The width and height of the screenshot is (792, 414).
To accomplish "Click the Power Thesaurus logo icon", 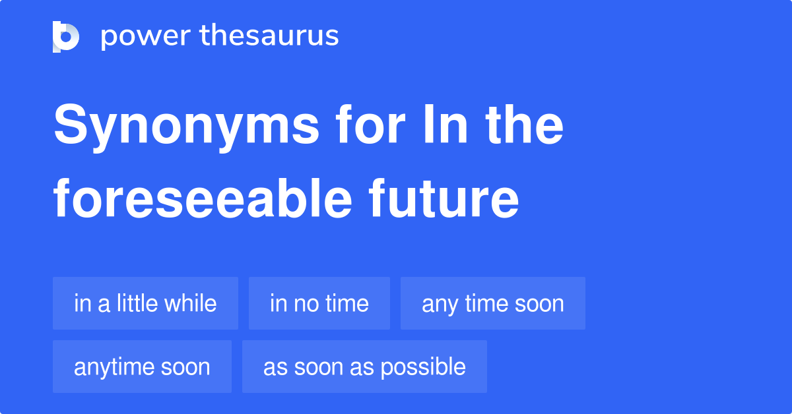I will (x=66, y=36).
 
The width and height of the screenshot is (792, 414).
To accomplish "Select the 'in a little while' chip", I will (x=145, y=303).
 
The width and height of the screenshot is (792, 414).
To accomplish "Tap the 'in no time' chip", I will (x=319, y=303).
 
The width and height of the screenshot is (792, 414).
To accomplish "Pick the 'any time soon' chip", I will (x=492, y=303).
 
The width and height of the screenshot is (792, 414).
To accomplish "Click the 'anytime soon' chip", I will (x=142, y=367).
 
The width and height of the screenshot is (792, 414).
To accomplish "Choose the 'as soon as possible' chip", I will (x=364, y=367).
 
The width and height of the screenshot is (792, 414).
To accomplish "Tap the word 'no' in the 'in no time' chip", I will (x=300, y=304).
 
